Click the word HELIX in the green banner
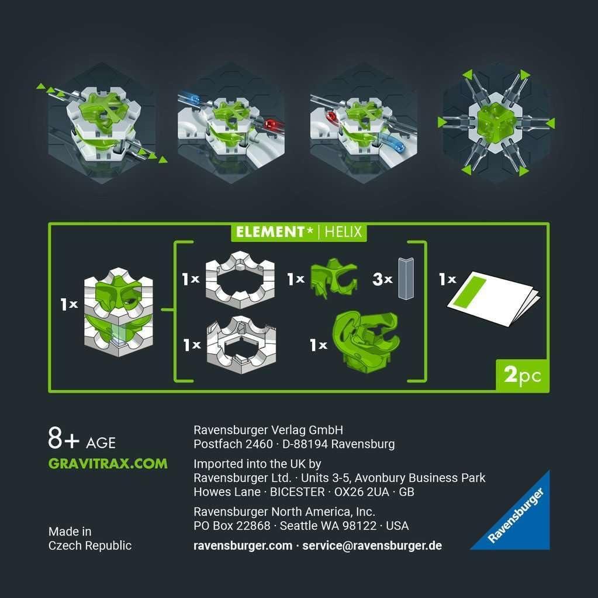[x=343, y=232]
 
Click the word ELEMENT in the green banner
[x=270, y=232]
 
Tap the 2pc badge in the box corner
[x=522, y=376]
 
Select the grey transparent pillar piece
[x=406, y=279]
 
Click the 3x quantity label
[x=382, y=279]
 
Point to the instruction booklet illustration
[x=493, y=298]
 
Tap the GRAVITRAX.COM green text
[x=108, y=464]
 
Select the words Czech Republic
[x=90, y=546]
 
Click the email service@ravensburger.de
[x=372, y=546]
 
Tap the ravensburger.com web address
[x=243, y=546]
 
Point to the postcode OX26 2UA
[x=362, y=492]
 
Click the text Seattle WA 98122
[x=328, y=526]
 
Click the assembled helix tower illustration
[x=119, y=312]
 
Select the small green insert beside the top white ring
[x=334, y=279]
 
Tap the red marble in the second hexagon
[x=271, y=124]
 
